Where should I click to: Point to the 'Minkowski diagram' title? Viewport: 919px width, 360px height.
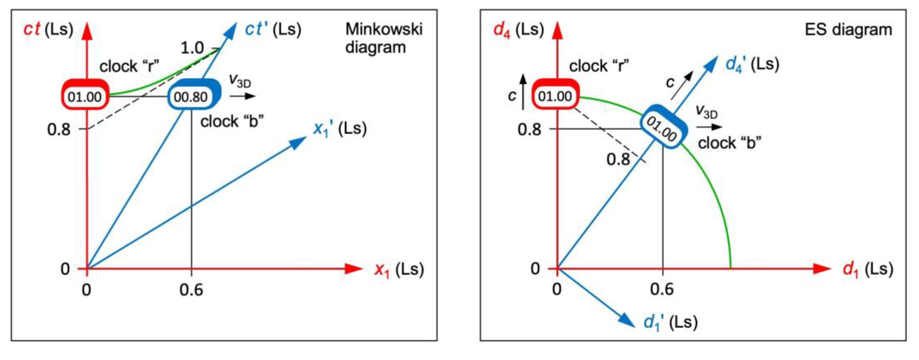[x=384, y=38]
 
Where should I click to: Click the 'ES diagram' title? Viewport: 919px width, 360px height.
[x=848, y=29]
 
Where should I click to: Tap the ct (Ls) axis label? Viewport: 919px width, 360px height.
[x=48, y=29]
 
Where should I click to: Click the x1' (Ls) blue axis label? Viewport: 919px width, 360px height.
[x=339, y=129]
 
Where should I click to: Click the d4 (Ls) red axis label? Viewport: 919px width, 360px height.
[x=518, y=29]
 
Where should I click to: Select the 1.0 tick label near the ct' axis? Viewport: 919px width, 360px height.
[x=192, y=48]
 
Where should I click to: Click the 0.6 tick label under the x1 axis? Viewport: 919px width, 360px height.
[x=191, y=290]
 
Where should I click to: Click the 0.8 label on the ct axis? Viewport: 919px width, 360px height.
[x=59, y=129]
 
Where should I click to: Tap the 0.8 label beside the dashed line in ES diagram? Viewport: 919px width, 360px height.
[x=618, y=159]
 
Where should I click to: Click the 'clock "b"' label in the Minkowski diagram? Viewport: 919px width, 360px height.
[x=232, y=122]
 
